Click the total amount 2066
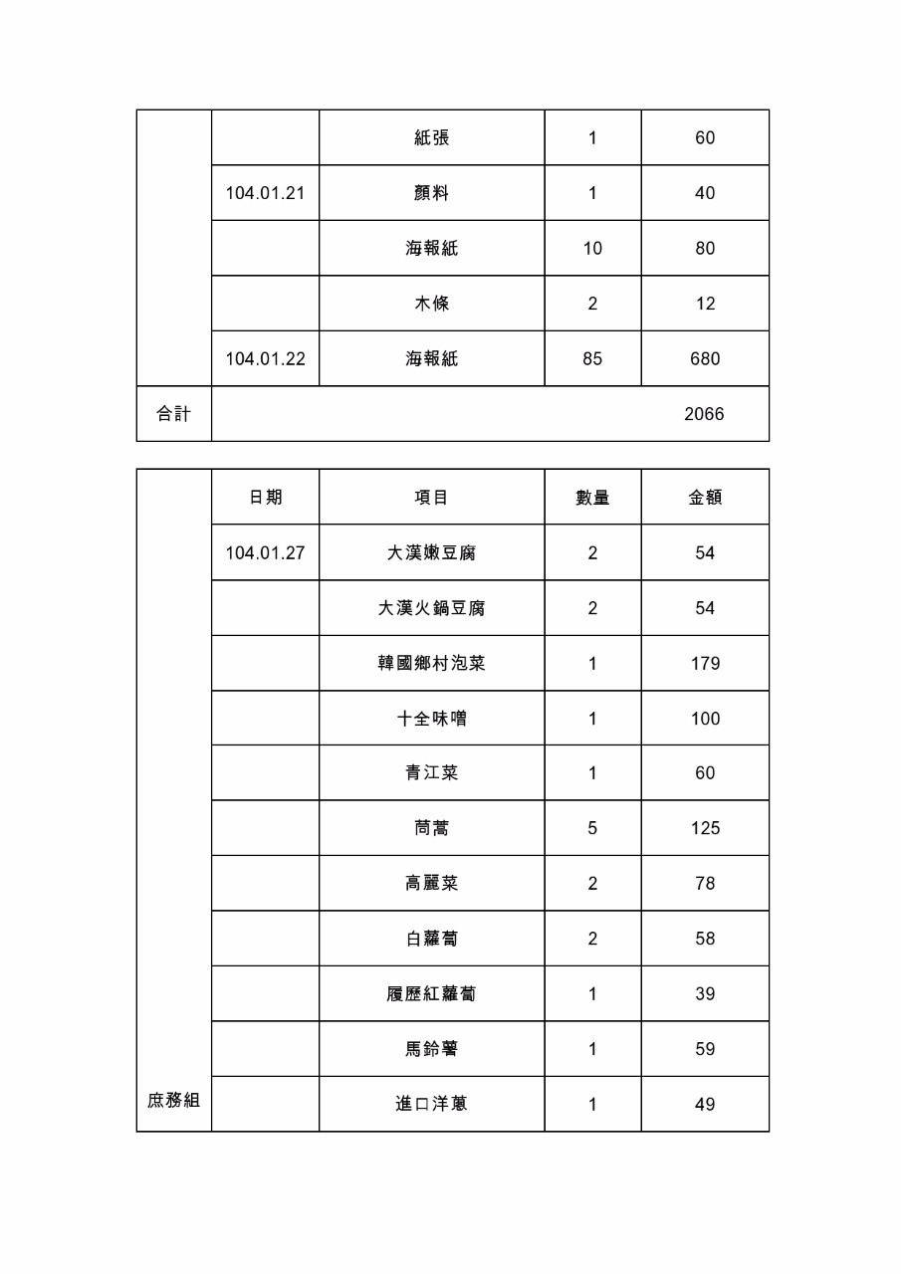click(x=704, y=414)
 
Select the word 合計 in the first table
click(x=174, y=414)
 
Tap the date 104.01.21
click(x=265, y=193)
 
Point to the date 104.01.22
click(x=265, y=358)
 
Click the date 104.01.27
click(x=265, y=552)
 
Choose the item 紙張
click(x=432, y=137)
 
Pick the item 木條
click(x=432, y=304)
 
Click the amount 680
click(x=705, y=358)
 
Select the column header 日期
click(x=265, y=497)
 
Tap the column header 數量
click(x=592, y=497)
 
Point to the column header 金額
click(x=705, y=497)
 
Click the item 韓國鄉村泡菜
click(x=432, y=663)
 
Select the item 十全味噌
click(x=432, y=718)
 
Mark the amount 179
click(x=705, y=663)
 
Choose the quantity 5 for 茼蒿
click(x=592, y=828)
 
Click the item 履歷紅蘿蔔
click(x=432, y=993)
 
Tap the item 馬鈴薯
click(x=432, y=1049)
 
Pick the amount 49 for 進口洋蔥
click(x=705, y=1104)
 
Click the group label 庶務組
click(x=174, y=1100)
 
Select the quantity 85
click(x=592, y=358)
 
